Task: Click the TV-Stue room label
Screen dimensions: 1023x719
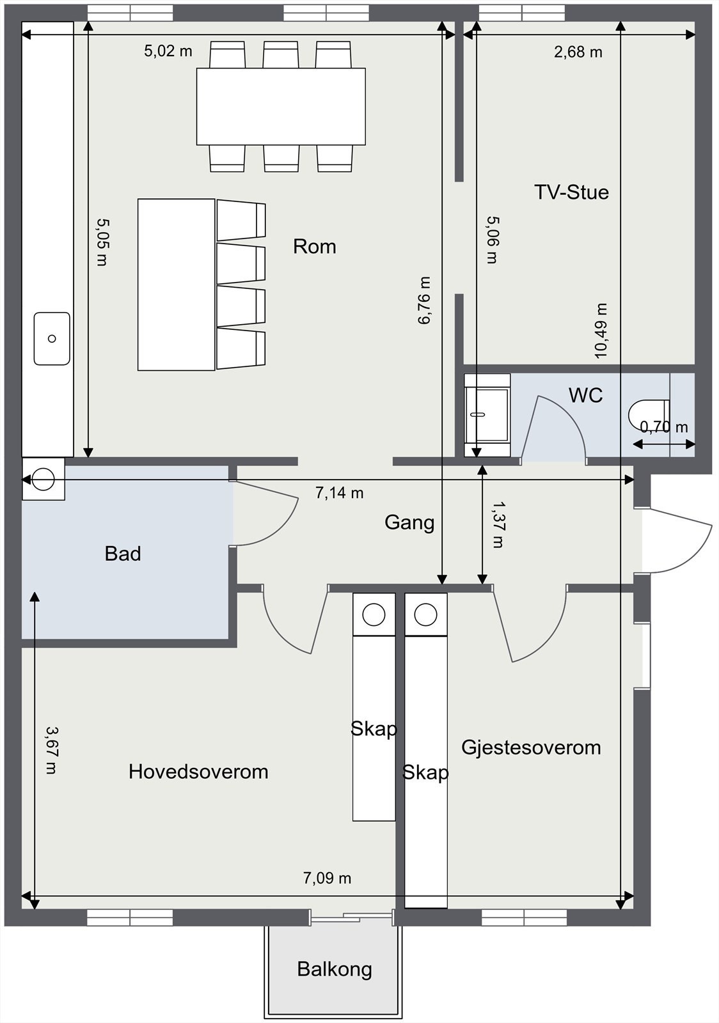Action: point(571,192)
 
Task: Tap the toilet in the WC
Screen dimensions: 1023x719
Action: point(648,414)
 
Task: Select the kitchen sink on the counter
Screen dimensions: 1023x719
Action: point(52,339)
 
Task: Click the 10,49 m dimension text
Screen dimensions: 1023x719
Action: point(600,331)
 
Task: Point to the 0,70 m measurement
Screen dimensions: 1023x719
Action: point(664,426)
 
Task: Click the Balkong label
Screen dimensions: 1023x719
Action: point(334,969)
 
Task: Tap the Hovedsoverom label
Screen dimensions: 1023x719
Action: point(198,771)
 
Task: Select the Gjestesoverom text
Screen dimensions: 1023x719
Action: point(531,747)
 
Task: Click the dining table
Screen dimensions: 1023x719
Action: point(281,106)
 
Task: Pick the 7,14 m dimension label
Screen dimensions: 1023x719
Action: point(339,493)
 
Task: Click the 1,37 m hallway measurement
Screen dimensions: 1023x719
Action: point(497,524)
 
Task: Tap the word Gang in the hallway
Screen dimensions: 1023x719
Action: point(409,522)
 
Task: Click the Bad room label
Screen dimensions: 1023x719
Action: point(123,553)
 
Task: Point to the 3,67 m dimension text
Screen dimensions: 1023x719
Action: point(51,749)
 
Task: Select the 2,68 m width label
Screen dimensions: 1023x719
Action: point(578,52)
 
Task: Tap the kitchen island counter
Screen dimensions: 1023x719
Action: point(176,285)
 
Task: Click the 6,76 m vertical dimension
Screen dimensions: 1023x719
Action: point(424,301)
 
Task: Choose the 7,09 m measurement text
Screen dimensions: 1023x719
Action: point(327,878)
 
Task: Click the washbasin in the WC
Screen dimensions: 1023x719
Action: point(487,415)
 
